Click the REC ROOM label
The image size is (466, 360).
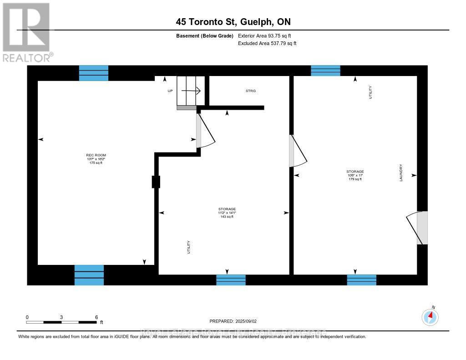pyautogui.click(x=96, y=155)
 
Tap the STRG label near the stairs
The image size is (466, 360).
pyautogui.click(x=251, y=91)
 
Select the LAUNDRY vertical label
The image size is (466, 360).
pyautogui.click(x=401, y=173)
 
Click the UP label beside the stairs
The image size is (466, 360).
pyautogui.click(x=170, y=91)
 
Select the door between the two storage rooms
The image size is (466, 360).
pyautogui.click(x=298, y=151)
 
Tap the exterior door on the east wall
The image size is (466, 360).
pyautogui.click(x=419, y=228)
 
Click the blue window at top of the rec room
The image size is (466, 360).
pyautogui.click(x=94, y=73)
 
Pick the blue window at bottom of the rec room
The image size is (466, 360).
pyautogui.click(x=89, y=275)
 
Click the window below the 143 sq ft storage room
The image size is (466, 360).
pyautogui.click(x=231, y=279)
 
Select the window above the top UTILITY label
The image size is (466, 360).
pyautogui.click(x=325, y=71)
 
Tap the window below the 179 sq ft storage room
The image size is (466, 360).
pyautogui.click(x=362, y=279)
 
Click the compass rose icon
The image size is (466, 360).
pyautogui.click(x=430, y=317)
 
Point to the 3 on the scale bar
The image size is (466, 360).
pyautogui.click(x=61, y=317)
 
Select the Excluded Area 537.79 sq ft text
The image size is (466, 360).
pyautogui.click(x=267, y=44)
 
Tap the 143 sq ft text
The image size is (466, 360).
pyautogui.click(x=227, y=217)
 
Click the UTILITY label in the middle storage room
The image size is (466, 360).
pyautogui.click(x=189, y=247)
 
